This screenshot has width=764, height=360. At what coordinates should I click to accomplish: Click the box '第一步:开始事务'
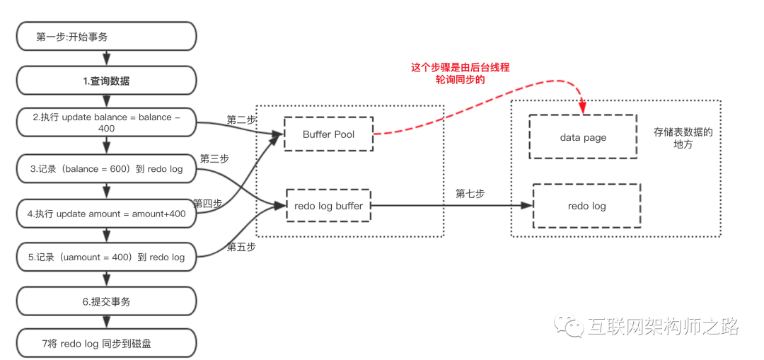[x=105, y=37]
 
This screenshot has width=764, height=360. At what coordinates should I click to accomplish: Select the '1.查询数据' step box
[x=105, y=81]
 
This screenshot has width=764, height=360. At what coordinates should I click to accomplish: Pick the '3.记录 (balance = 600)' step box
[x=105, y=168]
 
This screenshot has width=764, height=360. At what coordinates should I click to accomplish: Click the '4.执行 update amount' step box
[x=105, y=213]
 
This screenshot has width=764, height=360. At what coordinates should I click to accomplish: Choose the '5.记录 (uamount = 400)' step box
[x=105, y=257]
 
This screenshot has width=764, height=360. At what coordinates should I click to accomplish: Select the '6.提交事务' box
[x=105, y=301]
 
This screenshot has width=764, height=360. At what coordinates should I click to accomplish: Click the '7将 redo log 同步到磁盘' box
[x=105, y=344]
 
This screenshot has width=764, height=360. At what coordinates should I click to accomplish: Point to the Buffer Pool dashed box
[x=328, y=134]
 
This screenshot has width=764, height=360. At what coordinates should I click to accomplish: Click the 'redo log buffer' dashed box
[x=328, y=206]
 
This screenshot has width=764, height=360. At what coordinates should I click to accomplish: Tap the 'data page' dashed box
[x=583, y=137]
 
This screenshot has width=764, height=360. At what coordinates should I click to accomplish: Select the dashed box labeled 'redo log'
[x=586, y=206]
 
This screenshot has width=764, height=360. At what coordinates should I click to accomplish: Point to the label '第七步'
[x=470, y=193]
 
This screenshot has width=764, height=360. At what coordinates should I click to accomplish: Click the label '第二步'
[x=241, y=120]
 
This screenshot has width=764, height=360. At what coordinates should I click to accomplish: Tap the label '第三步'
[x=214, y=158]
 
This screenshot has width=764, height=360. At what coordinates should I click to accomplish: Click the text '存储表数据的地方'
[x=683, y=138]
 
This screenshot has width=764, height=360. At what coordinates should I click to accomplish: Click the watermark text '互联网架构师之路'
[x=662, y=327]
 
